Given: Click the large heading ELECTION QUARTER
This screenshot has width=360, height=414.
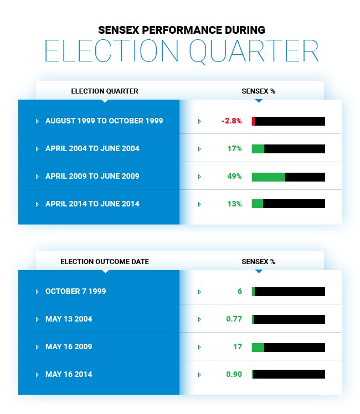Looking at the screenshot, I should (x=181, y=51).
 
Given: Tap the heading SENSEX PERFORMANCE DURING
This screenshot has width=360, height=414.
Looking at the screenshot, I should (x=181, y=29).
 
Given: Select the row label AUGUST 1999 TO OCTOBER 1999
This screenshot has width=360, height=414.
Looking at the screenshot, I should (x=104, y=121).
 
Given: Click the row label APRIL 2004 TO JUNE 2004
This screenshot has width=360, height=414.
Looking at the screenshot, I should (x=92, y=148).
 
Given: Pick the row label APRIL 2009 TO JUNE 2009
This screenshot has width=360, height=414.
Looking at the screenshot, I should (x=92, y=176).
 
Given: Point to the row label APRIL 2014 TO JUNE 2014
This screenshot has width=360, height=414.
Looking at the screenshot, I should (x=92, y=204).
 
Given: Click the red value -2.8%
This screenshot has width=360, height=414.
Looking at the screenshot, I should (x=232, y=121).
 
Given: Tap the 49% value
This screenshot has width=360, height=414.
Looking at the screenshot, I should (x=235, y=176).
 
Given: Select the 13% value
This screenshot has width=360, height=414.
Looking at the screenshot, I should (x=235, y=204).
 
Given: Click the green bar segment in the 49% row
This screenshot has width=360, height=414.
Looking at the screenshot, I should (x=268, y=177).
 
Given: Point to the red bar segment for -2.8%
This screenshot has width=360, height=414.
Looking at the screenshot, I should (x=253, y=121).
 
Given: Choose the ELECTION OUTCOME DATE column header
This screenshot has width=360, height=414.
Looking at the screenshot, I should (x=104, y=262).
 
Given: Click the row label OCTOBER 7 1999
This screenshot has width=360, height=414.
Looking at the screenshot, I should (x=75, y=291).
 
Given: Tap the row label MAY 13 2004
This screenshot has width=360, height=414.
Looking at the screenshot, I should (x=69, y=319).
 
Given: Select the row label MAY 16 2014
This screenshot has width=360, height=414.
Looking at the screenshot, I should (x=69, y=374).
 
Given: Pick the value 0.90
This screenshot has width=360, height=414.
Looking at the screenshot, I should (x=234, y=374).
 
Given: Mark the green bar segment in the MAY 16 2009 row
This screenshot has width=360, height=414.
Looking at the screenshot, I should (x=258, y=347).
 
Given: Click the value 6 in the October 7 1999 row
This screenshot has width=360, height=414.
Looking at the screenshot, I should (x=240, y=291).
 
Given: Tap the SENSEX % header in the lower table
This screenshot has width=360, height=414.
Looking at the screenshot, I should (x=258, y=262).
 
